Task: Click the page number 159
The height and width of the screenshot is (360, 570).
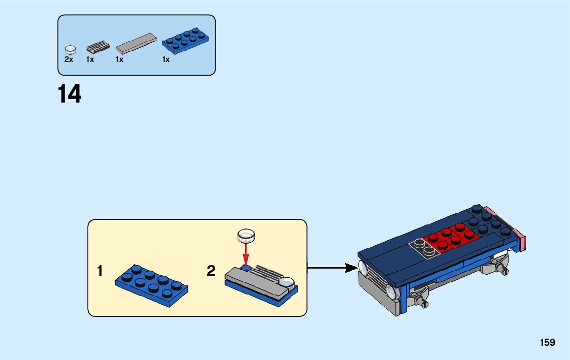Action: coord(548,342)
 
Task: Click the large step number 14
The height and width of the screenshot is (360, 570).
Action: coord(70,94)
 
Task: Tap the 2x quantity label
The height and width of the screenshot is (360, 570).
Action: coord(69,59)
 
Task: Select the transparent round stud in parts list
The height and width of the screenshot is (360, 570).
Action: coord(70,49)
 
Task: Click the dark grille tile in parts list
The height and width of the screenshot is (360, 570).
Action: coord(98,47)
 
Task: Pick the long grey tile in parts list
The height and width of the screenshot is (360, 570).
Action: coord(137,43)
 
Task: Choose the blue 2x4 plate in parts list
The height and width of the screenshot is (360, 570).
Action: coord(185,41)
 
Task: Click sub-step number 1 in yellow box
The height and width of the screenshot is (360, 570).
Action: coord(100,271)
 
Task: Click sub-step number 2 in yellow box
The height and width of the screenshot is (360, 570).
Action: coord(211,271)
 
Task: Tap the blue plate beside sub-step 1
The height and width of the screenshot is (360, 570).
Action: coord(152,285)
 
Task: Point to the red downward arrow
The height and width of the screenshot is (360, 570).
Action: coord(246,254)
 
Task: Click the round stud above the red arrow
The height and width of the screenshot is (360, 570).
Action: coord(246,236)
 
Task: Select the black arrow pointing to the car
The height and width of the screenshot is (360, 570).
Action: coord(332,268)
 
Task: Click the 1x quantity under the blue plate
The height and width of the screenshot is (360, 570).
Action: coord(166,59)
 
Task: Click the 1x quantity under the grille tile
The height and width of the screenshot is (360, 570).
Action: coord(90,59)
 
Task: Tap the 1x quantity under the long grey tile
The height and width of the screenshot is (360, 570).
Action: coord(120,59)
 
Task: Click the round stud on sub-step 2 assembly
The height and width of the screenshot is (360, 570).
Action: coord(286,282)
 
